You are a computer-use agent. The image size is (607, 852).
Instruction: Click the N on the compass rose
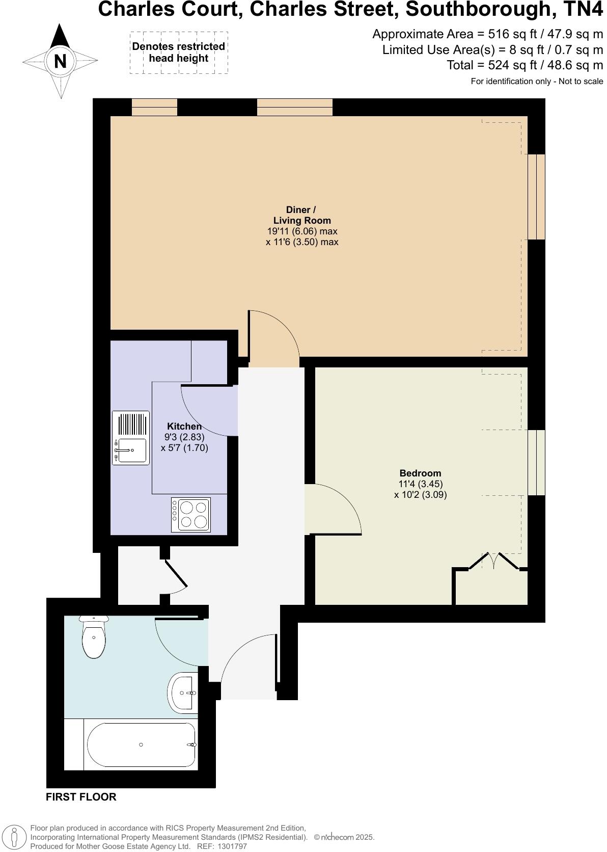pos(60,61)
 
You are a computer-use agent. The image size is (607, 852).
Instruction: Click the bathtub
pos(141,745)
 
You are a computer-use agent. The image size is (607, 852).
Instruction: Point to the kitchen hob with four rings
pos(191,515)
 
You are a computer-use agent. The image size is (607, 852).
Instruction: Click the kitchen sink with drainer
pos(131,438)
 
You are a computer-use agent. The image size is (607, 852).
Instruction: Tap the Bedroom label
pos(420,473)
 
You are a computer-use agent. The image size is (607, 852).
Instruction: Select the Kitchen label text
pos(184,426)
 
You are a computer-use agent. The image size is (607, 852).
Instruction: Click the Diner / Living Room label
pos(301,215)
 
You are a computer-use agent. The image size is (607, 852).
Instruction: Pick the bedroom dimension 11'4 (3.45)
pos(420,484)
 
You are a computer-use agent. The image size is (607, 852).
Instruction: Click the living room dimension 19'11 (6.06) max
pos(302,231)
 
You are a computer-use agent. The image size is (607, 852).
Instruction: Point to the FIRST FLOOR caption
pos(81,797)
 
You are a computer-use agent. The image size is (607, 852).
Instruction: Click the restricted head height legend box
pos(179,52)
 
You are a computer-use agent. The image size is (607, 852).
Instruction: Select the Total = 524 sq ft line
pos(525,65)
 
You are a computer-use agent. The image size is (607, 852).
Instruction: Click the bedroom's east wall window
pos(536,462)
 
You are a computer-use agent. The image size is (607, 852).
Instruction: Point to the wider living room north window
pos(294,107)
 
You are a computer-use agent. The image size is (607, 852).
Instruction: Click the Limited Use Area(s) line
pos(492,50)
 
